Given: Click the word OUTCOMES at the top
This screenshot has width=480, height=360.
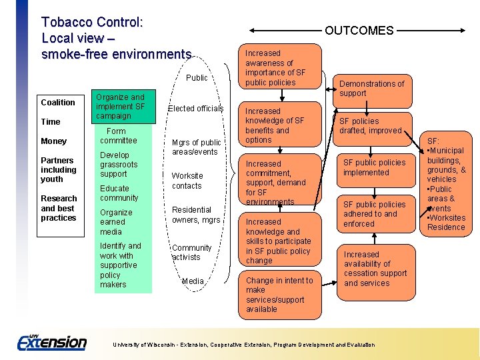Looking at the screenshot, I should [x=359, y=30].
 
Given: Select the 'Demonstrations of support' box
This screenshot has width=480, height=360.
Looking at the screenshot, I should [x=371, y=88].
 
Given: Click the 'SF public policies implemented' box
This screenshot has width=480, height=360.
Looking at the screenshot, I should [x=374, y=167].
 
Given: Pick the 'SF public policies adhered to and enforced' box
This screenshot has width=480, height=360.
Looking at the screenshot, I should [x=374, y=214].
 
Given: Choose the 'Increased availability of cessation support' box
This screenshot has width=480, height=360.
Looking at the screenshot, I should [x=375, y=269].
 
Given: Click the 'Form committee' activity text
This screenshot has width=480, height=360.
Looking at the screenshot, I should [x=118, y=136].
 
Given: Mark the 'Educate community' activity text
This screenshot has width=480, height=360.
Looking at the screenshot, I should [x=119, y=193].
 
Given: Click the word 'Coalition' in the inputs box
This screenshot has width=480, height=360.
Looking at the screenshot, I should [x=58, y=103].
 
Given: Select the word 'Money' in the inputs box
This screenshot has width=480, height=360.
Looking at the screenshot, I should [x=54, y=141].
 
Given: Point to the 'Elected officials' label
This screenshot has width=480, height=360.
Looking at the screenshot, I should [x=195, y=109].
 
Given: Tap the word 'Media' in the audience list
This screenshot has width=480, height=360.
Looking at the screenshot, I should [x=193, y=281].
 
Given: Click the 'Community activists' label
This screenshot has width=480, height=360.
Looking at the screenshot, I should [x=192, y=253].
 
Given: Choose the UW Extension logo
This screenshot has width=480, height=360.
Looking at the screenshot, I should [x=52, y=342].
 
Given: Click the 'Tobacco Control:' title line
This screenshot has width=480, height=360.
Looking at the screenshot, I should [x=92, y=23].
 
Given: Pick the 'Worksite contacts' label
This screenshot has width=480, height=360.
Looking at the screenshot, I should [x=187, y=181].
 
